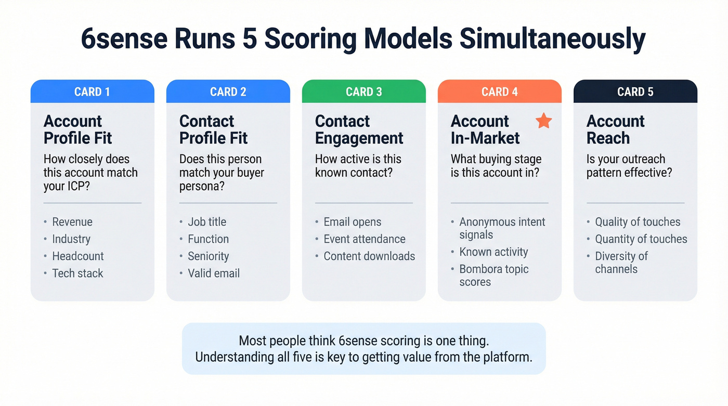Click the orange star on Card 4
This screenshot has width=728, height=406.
tap(543, 121)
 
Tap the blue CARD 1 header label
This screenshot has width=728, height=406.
tap(92, 92)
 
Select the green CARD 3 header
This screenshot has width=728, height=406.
tap(363, 92)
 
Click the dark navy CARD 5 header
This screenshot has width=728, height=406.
tap(635, 92)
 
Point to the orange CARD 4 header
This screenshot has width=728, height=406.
tap(499, 92)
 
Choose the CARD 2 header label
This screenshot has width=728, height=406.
tap(228, 92)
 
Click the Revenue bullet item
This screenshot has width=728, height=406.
tap(72, 222)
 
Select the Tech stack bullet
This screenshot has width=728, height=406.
tap(77, 273)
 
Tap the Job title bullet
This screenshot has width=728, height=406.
tap(207, 222)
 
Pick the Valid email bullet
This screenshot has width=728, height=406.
tap(214, 273)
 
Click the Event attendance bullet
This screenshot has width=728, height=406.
tap(364, 239)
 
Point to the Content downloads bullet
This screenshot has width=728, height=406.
tap(369, 256)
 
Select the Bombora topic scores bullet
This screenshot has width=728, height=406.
tap(493, 276)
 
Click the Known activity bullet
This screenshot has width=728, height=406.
tap(493, 252)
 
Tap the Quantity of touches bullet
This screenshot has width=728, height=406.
tap(641, 239)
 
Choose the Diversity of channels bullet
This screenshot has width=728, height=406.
tap(621, 263)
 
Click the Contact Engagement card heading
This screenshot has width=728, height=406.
tap(359, 129)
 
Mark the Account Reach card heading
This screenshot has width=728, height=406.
tap(615, 129)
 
